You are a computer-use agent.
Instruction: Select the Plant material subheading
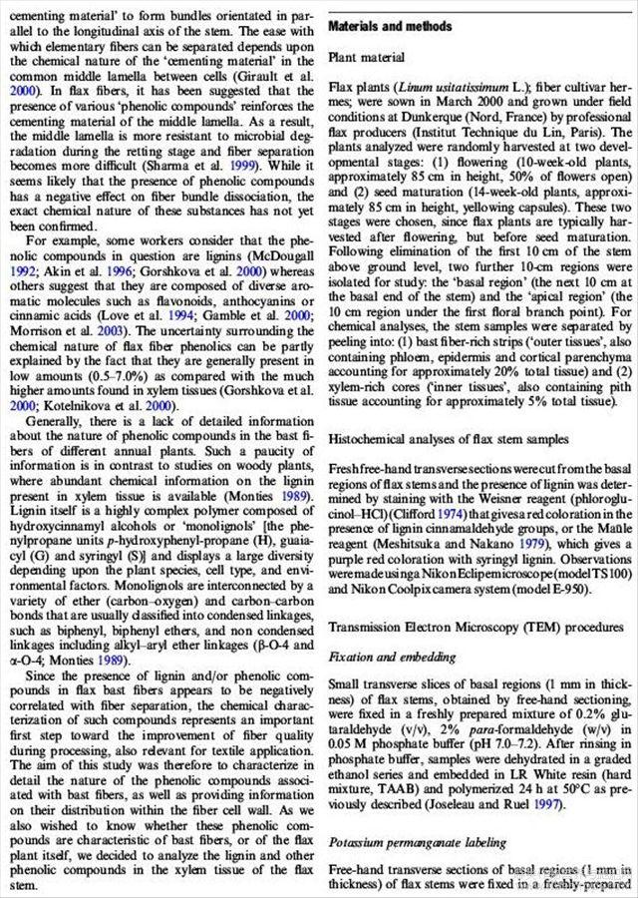click(x=368, y=57)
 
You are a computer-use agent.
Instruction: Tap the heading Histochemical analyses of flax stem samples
click(x=459, y=440)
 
